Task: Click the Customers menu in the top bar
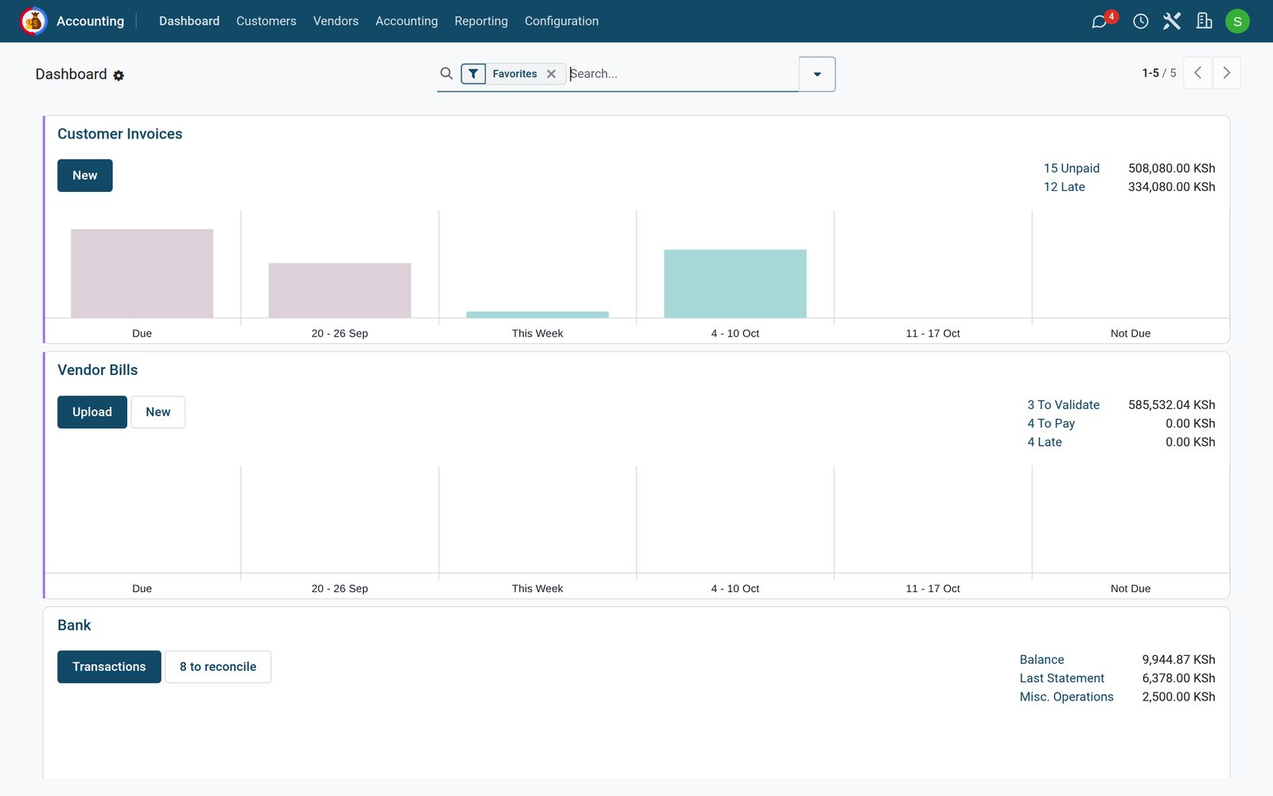click(x=266, y=21)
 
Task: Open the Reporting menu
click(x=481, y=21)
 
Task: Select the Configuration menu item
click(x=562, y=21)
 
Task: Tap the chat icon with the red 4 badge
click(x=1099, y=21)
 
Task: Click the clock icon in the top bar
click(x=1140, y=21)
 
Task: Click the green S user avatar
click(x=1237, y=21)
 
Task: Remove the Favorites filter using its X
click(x=551, y=74)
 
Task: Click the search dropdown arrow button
click(x=816, y=74)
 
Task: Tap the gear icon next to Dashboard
click(x=119, y=75)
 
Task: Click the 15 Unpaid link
click(x=1071, y=168)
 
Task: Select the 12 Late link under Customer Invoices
click(x=1064, y=187)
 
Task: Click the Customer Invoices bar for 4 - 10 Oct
click(x=735, y=283)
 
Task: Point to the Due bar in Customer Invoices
click(x=142, y=274)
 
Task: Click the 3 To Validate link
click(x=1063, y=405)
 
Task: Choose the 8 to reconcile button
click(x=218, y=667)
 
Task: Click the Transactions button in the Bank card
click(x=109, y=667)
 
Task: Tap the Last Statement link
click(x=1061, y=678)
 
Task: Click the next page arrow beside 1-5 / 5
click(x=1226, y=72)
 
